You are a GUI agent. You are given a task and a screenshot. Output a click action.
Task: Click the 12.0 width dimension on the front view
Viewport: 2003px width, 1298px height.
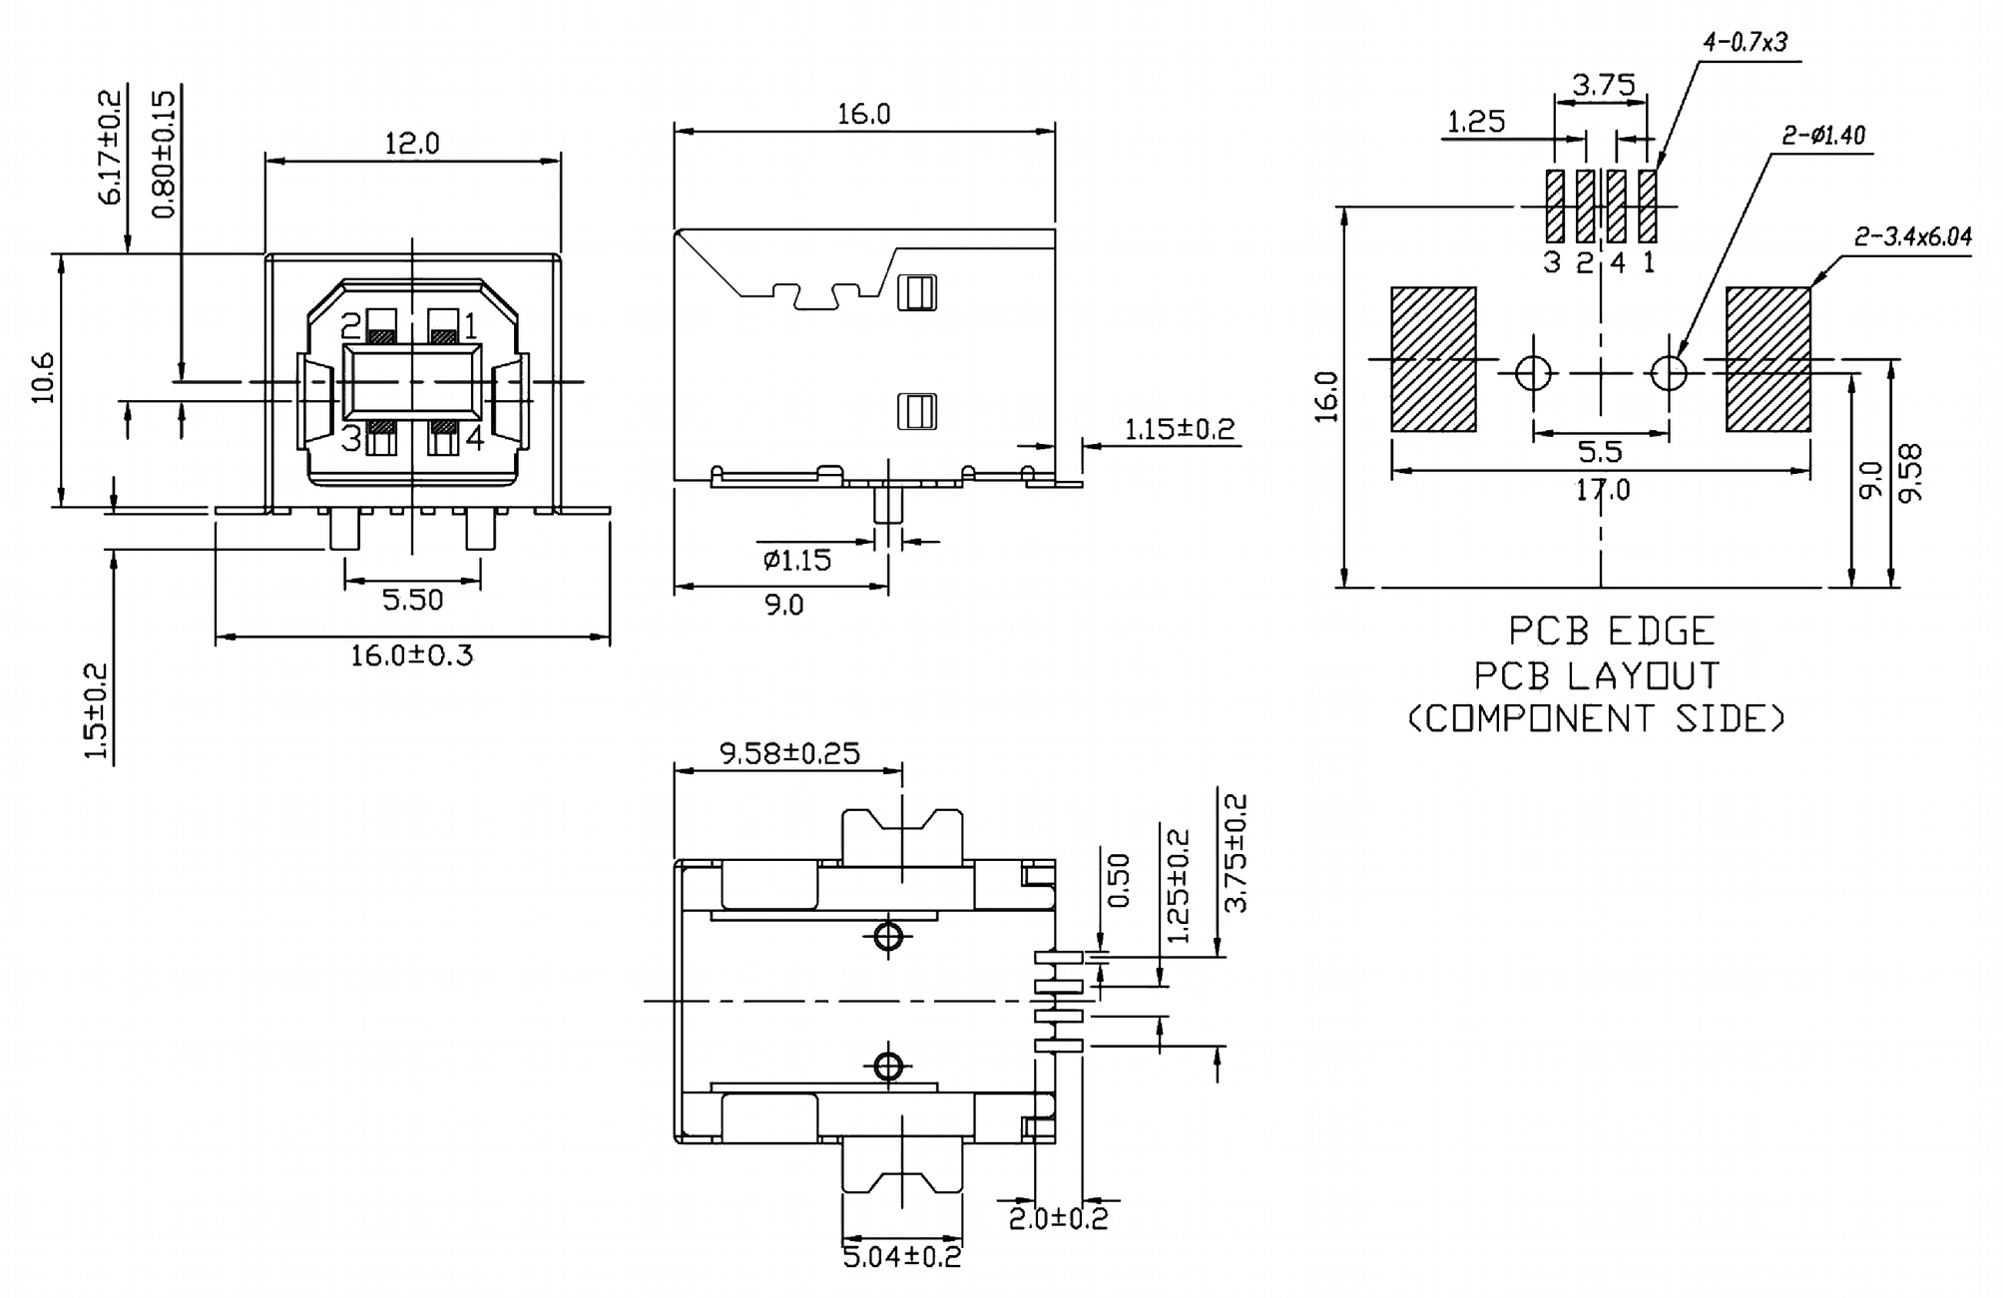(411, 144)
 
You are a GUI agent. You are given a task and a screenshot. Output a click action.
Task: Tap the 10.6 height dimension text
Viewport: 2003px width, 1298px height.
(43, 378)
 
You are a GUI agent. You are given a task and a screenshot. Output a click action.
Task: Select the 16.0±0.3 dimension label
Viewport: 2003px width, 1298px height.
(411, 655)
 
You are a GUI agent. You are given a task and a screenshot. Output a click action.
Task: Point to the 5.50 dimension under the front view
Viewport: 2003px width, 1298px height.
(412, 600)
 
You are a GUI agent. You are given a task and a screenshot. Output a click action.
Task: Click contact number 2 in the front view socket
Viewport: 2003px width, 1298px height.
(350, 326)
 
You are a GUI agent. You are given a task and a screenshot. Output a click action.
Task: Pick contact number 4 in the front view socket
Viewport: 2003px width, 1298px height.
(474, 437)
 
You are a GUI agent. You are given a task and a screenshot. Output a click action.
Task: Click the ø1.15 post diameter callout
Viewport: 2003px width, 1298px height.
(796, 560)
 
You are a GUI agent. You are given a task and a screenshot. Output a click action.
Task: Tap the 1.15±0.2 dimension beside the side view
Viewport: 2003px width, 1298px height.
(1179, 429)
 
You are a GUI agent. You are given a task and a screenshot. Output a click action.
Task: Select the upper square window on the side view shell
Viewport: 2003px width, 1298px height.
(916, 293)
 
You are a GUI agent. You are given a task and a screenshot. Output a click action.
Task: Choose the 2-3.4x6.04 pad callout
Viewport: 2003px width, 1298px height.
(1912, 236)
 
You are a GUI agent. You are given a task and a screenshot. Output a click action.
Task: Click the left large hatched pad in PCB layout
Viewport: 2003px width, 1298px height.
(1433, 359)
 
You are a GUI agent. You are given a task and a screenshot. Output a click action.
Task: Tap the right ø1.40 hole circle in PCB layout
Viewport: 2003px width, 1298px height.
(1669, 373)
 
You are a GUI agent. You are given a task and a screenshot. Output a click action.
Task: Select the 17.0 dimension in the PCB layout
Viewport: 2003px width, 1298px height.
(1602, 490)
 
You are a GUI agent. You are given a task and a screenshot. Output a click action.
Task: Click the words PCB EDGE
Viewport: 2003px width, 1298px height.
(1611, 632)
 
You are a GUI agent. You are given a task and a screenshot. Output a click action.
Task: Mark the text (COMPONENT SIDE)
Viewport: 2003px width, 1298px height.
(1596, 718)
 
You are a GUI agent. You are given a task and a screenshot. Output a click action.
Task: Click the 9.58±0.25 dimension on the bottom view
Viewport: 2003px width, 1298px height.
(789, 753)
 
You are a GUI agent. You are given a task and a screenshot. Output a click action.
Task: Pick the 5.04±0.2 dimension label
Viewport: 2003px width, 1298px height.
(901, 1256)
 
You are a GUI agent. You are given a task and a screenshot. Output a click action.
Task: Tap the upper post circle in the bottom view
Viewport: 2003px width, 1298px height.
(887, 937)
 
